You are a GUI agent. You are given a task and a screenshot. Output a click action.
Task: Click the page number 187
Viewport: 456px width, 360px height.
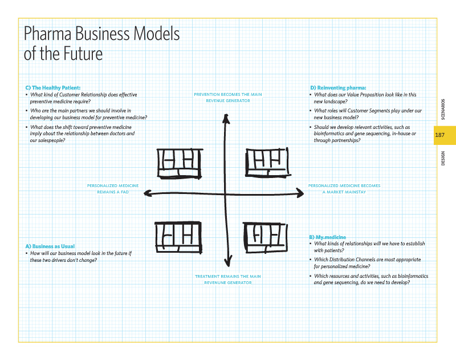point(439,135)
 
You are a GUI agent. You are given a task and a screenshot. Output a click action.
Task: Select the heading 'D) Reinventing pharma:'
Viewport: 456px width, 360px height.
point(337,87)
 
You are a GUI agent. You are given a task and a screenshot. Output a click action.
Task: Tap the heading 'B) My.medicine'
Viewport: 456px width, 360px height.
point(327,237)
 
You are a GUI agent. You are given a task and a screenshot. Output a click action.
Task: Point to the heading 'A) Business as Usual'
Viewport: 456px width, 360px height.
point(50,246)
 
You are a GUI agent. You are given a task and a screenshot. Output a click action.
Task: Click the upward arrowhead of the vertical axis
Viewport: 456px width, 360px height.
point(226,118)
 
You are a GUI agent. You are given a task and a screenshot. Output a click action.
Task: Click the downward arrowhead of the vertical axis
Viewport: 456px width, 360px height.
point(228,262)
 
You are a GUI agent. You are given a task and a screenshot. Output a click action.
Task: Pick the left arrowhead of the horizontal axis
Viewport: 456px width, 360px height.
point(148,194)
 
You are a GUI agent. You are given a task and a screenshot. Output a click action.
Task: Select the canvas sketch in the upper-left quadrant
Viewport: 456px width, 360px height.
point(179,163)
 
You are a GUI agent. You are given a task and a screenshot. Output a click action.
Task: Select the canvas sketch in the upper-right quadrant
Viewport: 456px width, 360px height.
point(267,162)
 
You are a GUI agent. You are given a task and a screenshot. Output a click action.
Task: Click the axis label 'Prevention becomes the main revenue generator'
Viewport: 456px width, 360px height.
point(228,98)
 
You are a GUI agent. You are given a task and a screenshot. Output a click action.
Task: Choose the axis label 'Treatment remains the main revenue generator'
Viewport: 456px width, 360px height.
point(228,280)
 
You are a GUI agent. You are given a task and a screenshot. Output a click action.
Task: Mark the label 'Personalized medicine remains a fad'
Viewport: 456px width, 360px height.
point(113,189)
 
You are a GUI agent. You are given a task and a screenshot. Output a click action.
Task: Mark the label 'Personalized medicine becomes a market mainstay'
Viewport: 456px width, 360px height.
point(344,189)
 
